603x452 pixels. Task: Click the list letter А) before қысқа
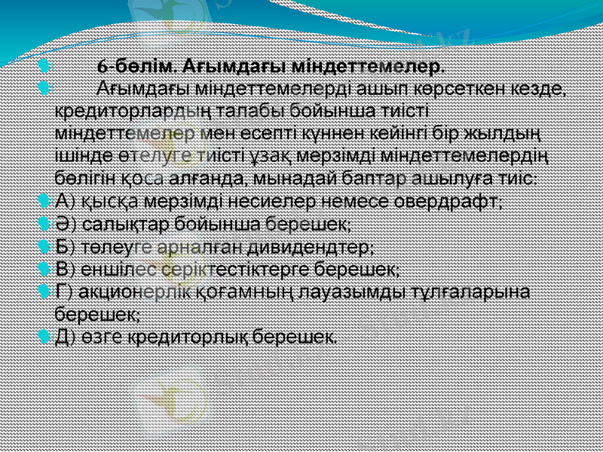pyautogui.click(x=65, y=202)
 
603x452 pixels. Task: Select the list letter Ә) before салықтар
pyautogui.click(x=66, y=224)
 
